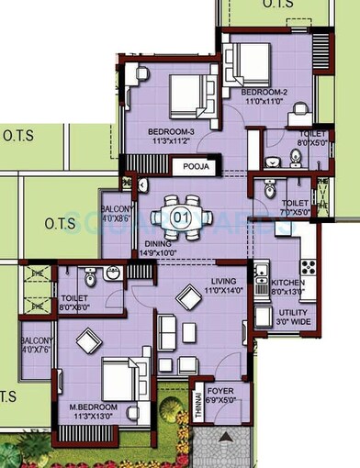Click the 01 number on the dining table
click(181, 217)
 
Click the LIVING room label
click(224, 281)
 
